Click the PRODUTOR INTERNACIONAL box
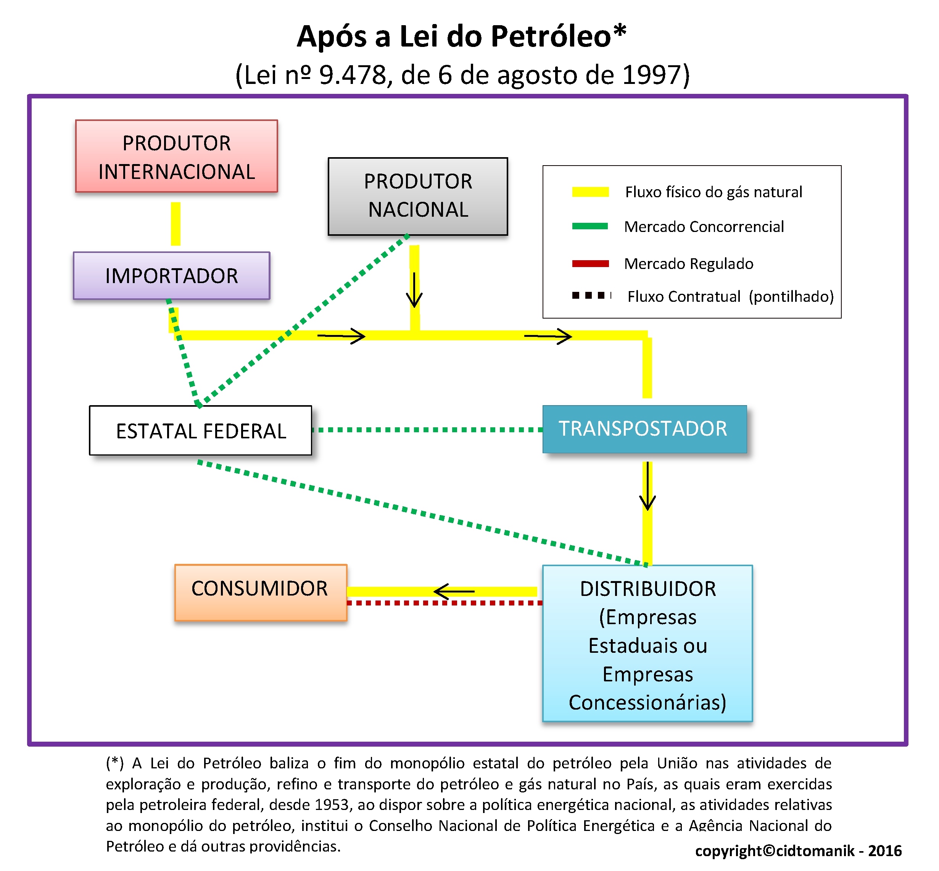176,156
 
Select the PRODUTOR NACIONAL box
418,196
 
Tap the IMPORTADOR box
172,276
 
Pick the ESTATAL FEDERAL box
200,430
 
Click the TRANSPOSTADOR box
644,429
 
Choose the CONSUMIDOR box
261,592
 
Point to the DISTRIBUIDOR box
647,643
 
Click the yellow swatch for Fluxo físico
590,192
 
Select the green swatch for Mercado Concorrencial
590,226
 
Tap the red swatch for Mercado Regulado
590,264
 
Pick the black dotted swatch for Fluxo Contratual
591,296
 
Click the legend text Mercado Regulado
689,264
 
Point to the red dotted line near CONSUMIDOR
445,603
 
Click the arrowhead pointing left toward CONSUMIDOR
441,591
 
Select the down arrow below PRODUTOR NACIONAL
414,290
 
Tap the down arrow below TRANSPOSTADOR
647,486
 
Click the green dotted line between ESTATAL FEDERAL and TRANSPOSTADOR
427,430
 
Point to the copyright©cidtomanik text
775,851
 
